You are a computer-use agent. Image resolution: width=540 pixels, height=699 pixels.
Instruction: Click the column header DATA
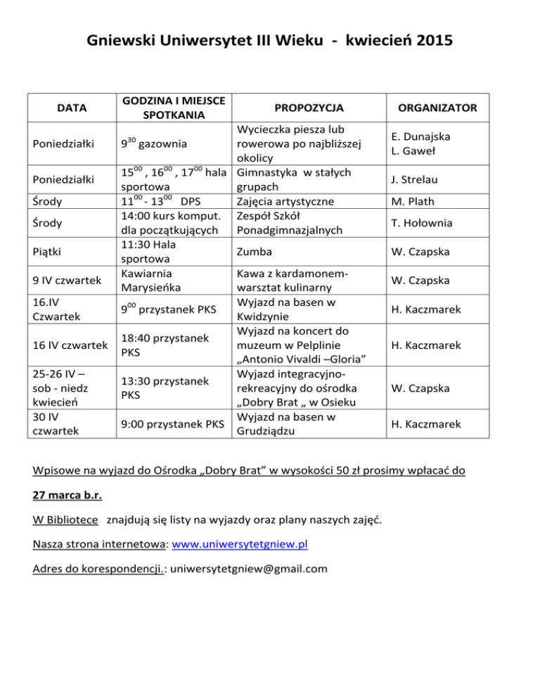pyautogui.click(x=67, y=108)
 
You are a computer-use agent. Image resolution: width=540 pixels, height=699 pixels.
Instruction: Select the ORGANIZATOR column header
pyautogui.click(x=437, y=108)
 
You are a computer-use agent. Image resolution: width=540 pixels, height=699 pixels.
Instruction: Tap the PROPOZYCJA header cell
pyautogui.click(x=309, y=108)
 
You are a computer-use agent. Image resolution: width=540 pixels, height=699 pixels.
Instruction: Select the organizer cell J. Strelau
pyautogui.click(x=436, y=179)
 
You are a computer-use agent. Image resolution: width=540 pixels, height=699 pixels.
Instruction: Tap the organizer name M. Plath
pyautogui.click(x=436, y=202)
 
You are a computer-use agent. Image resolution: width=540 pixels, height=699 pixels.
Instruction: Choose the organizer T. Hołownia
pyautogui.click(x=437, y=224)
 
